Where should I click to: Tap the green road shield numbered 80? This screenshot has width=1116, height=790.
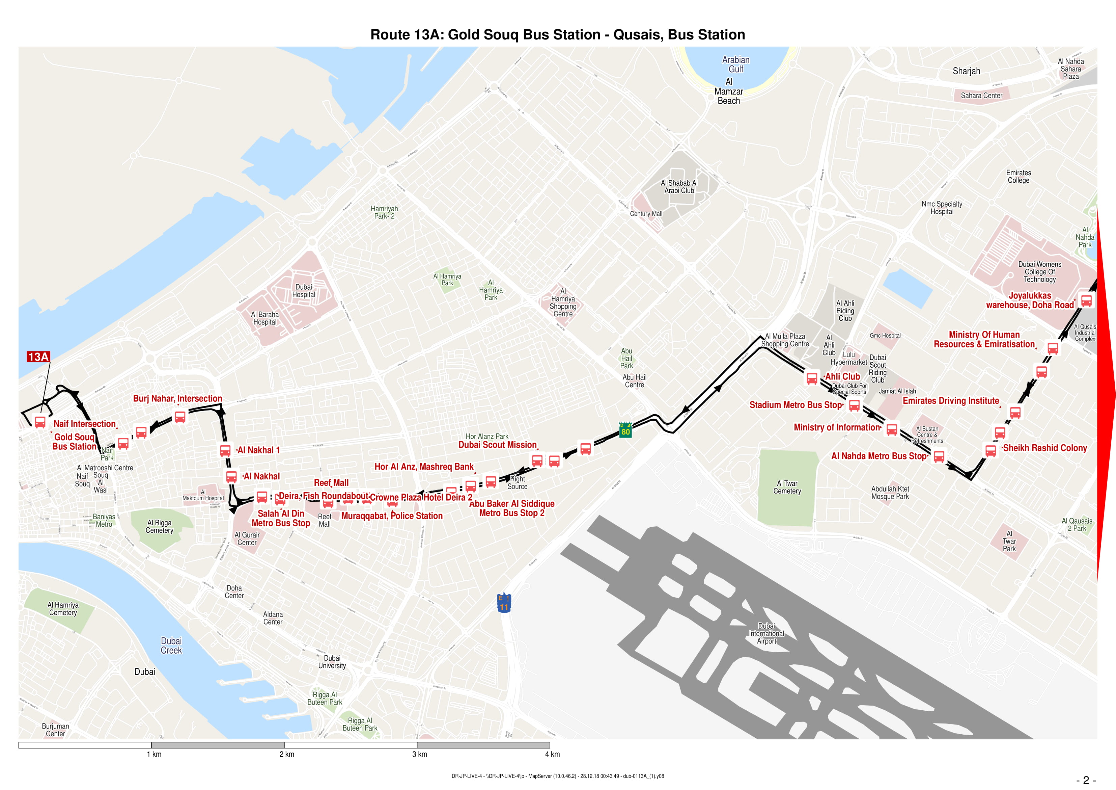625,430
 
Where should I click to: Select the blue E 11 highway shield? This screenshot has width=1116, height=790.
504,603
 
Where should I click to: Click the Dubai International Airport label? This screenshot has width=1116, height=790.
766,633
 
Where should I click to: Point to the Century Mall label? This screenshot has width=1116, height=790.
646,214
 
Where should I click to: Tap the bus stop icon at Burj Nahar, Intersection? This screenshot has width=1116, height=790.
180,417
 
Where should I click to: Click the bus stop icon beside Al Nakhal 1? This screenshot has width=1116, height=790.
225,450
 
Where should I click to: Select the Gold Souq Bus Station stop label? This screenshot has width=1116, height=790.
74,442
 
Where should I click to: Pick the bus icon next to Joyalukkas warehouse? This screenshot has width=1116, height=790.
1086,300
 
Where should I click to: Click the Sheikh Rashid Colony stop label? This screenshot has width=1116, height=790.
1044,448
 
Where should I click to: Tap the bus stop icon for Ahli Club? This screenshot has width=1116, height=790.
812,378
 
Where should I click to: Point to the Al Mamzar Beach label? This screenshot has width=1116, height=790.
729,91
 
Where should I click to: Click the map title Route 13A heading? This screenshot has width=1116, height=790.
558,34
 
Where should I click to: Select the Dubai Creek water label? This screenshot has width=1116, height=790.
171,646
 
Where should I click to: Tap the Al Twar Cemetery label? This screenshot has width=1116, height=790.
787,487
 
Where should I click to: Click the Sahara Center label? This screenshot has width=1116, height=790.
981,95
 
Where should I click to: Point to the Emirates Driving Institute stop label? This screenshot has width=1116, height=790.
950,401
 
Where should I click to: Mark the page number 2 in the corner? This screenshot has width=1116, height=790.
1086,780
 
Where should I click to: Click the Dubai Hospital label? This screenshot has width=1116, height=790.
303,291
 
